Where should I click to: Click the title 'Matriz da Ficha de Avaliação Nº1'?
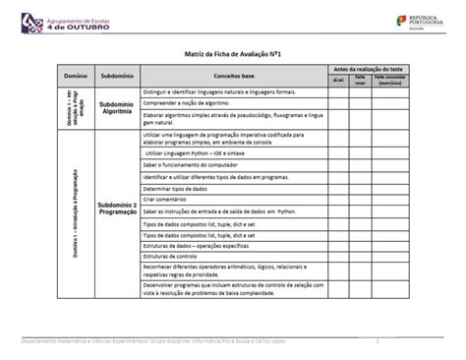click(233, 57)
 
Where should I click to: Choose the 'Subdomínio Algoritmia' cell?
click(117, 107)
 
